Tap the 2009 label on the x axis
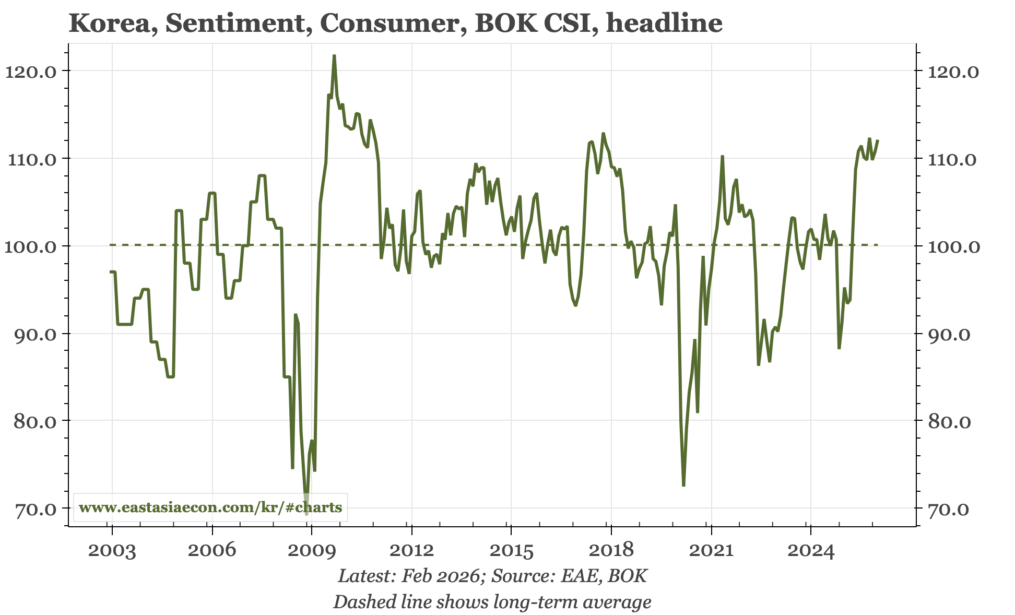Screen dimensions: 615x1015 (311, 550)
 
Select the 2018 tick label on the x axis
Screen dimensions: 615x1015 (610, 550)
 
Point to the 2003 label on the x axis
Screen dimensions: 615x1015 (112, 550)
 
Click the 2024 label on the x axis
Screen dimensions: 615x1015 (810, 550)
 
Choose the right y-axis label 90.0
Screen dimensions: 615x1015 (952, 334)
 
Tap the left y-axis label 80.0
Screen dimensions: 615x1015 (31, 421)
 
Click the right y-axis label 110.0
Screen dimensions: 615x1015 (952, 159)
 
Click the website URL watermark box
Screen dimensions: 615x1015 (210, 507)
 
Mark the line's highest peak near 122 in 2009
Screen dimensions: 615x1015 (334, 56)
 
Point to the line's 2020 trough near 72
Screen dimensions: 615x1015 (683, 486)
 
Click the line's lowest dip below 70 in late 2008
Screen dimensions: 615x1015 (306, 514)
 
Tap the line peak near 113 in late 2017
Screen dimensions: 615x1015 (603, 134)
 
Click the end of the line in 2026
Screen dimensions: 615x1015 (878, 140)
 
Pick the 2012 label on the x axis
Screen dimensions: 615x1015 (411, 550)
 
